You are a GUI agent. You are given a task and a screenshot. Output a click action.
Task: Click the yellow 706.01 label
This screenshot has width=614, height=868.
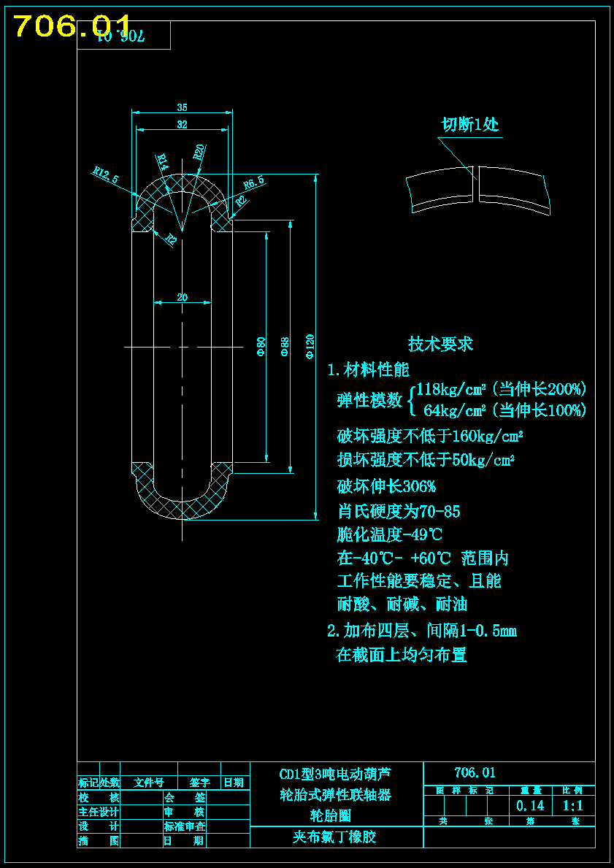(73, 27)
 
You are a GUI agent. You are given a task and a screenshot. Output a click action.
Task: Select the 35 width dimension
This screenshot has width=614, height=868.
(182, 107)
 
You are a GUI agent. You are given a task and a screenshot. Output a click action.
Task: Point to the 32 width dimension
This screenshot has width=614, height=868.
(182, 125)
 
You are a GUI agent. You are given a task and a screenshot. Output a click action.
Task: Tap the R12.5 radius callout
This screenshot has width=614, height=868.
(106, 175)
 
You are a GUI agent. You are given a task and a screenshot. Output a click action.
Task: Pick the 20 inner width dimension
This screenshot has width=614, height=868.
(182, 297)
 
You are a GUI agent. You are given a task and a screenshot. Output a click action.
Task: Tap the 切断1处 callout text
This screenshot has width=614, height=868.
(470, 125)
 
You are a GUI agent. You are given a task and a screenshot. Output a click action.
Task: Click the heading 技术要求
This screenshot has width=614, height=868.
(440, 344)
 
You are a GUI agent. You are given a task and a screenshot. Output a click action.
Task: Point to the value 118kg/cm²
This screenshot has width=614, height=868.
(452, 389)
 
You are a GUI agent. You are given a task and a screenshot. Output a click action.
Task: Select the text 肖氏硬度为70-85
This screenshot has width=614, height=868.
(399, 511)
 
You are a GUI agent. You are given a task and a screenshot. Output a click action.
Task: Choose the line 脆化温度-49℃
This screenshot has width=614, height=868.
(390, 534)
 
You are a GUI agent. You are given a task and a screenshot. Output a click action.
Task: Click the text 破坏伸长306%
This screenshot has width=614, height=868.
(386, 486)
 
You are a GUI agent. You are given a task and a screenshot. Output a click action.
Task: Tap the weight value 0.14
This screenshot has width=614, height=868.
(530, 806)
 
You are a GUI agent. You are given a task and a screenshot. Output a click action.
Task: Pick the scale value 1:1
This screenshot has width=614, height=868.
(573, 806)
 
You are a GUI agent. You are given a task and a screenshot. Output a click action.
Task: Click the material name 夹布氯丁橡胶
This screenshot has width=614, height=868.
(334, 837)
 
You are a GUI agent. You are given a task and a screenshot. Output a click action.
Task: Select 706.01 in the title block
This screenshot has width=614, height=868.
(475, 772)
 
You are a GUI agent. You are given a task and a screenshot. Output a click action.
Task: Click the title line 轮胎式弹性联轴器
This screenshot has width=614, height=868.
(336, 795)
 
